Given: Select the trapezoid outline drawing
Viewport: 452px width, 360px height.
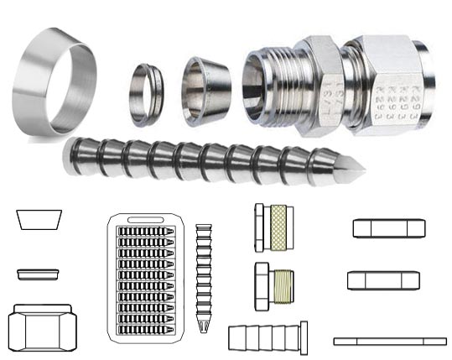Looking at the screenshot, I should point(39,221).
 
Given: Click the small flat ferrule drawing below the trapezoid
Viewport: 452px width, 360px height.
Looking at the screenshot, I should point(39,274).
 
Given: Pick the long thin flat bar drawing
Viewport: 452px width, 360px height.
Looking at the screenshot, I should point(389,342).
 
